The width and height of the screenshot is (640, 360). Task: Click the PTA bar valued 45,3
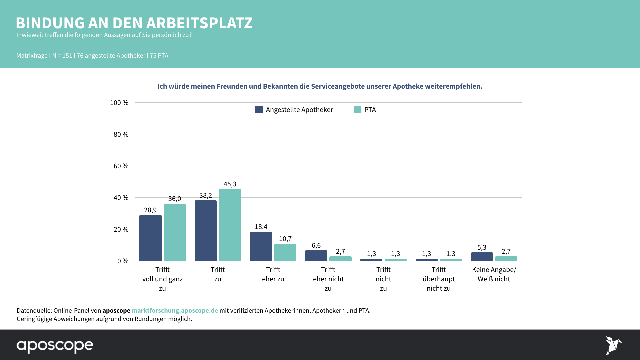click(x=230, y=225)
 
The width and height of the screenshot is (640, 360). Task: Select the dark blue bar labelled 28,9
click(x=150, y=238)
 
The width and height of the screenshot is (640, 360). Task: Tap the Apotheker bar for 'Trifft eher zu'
click(x=261, y=246)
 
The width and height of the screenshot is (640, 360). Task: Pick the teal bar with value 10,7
click(x=285, y=252)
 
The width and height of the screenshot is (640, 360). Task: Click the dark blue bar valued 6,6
click(x=316, y=256)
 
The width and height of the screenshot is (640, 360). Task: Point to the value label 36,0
click(x=175, y=199)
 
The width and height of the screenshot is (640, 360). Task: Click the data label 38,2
click(x=206, y=195)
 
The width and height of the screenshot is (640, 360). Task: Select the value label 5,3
click(x=482, y=247)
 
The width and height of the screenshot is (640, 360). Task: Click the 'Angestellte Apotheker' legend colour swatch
click(x=259, y=109)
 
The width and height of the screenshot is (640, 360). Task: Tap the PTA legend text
click(x=370, y=110)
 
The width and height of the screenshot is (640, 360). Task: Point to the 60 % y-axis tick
click(x=121, y=166)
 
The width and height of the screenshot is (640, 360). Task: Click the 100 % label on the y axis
click(x=119, y=103)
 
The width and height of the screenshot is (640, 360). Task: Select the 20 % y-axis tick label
click(x=121, y=229)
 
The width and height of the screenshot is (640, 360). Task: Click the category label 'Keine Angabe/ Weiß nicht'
click(x=494, y=274)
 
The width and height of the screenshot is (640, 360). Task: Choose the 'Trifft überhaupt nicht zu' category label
click(x=439, y=279)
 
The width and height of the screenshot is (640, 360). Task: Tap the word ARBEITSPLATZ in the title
click(x=199, y=23)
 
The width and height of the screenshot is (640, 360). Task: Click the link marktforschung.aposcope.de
click(x=175, y=310)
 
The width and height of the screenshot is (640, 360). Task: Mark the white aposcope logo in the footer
click(x=55, y=346)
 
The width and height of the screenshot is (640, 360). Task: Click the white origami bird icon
click(x=613, y=345)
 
